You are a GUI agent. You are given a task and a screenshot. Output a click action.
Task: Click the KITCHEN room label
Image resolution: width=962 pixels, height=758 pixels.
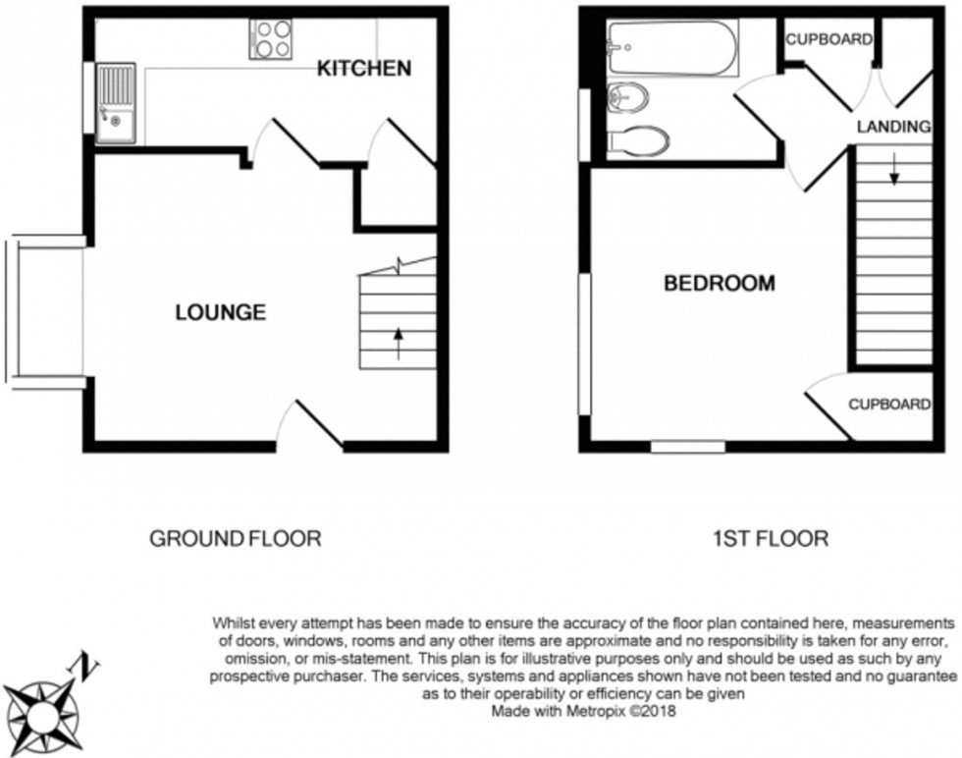[363, 69]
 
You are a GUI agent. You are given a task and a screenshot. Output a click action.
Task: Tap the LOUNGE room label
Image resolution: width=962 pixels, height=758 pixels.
[221, 313]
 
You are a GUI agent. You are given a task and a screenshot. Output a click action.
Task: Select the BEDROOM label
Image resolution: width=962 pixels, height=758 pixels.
[720, 284]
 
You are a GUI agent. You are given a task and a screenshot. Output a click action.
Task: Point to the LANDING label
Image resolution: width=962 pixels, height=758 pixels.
[893, 127]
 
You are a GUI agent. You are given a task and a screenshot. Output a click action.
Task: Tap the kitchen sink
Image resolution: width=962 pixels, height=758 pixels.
[115, 104]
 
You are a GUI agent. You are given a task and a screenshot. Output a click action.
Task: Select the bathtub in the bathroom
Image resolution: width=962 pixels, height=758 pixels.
[672, 48]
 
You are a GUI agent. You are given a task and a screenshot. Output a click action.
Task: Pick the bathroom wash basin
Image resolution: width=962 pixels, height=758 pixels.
[625, 96]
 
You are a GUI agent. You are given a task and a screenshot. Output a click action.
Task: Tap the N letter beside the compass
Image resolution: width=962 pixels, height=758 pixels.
[89, 668]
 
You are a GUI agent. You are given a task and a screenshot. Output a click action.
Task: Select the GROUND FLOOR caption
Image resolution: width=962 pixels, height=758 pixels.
[235, 538]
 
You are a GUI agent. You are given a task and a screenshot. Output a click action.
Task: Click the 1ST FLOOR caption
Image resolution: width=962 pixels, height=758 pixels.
[771, 538]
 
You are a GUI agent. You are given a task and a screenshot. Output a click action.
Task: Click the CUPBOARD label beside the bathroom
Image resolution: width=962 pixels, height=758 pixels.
[829, 40]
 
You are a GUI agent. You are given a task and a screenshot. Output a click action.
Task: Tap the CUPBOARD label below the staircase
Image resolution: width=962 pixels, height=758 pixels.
[889, 404]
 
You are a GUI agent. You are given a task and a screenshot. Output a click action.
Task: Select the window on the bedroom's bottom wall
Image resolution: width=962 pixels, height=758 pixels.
[688, 447]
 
